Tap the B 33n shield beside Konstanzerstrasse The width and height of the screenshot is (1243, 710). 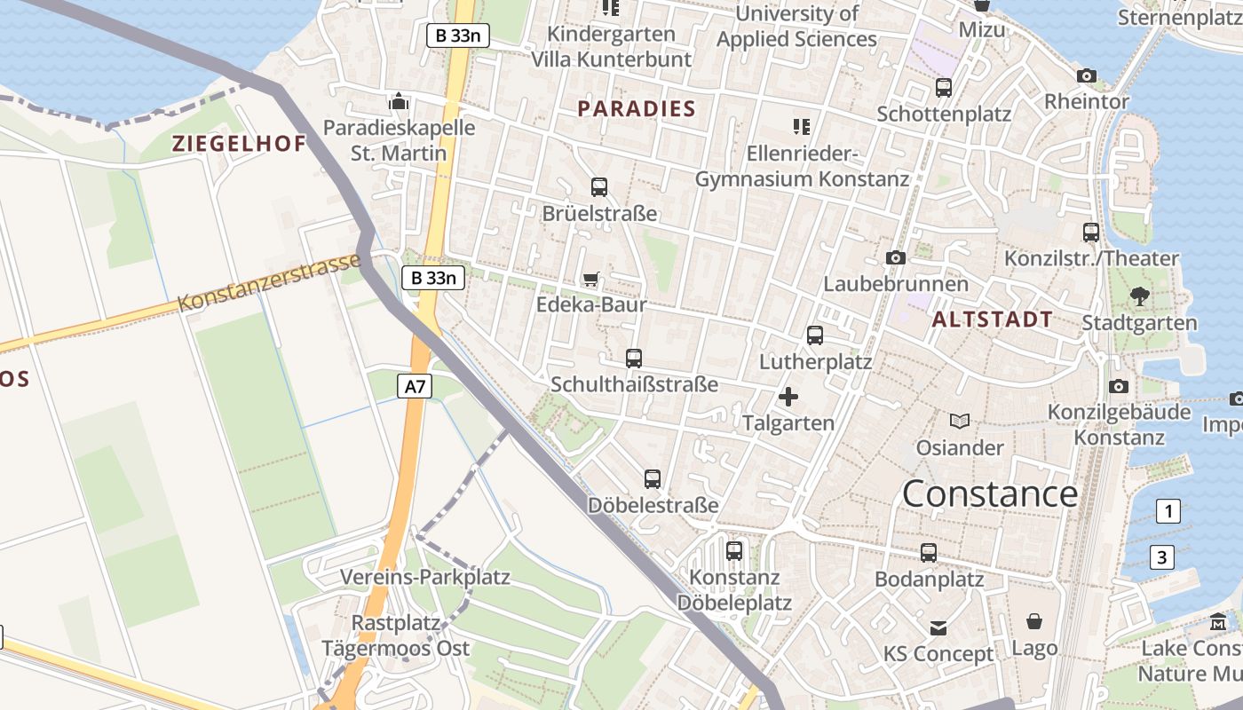tap(433, 278)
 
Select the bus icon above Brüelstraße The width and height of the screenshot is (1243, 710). tap(599, 187)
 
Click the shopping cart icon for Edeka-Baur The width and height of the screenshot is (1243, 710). tap(591, 280)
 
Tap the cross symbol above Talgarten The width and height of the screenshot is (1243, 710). tap(788, 397)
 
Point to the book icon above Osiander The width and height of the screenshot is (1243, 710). tap(959, 421)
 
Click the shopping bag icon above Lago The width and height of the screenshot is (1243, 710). tap(1034, 621)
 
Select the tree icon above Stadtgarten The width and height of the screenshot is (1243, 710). tap(1139, 296)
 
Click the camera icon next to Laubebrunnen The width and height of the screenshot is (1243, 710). tap(896, 257)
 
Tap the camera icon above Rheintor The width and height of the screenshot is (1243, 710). tap(1086, 75)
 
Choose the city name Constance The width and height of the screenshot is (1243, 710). tap(990, 493)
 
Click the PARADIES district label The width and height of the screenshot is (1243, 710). tap(637, 109)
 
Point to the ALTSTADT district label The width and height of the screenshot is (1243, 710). tap(993, 319)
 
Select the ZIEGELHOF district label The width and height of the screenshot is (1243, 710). tap(239, 144)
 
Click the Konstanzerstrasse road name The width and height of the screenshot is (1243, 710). tap(269, 282)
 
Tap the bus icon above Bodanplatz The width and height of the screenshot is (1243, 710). tap(929, 552)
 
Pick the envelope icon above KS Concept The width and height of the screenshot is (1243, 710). tap(938, 628)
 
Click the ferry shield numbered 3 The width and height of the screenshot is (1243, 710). tap(1161, 557)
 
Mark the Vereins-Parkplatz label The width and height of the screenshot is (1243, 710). tap(425, 577)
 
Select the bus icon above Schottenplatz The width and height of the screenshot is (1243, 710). tap(944, 88)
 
